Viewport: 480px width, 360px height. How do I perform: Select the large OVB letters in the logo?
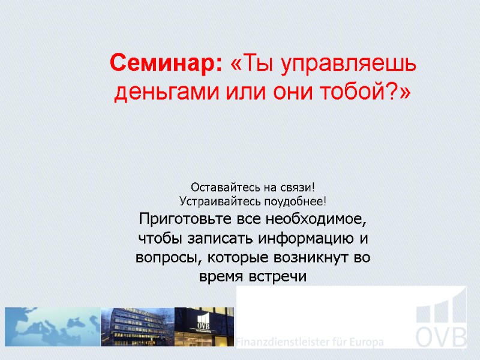point(442,337)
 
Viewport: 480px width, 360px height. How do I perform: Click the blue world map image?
point(52,327)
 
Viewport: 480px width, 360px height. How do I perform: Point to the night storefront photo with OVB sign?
point(204,327)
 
